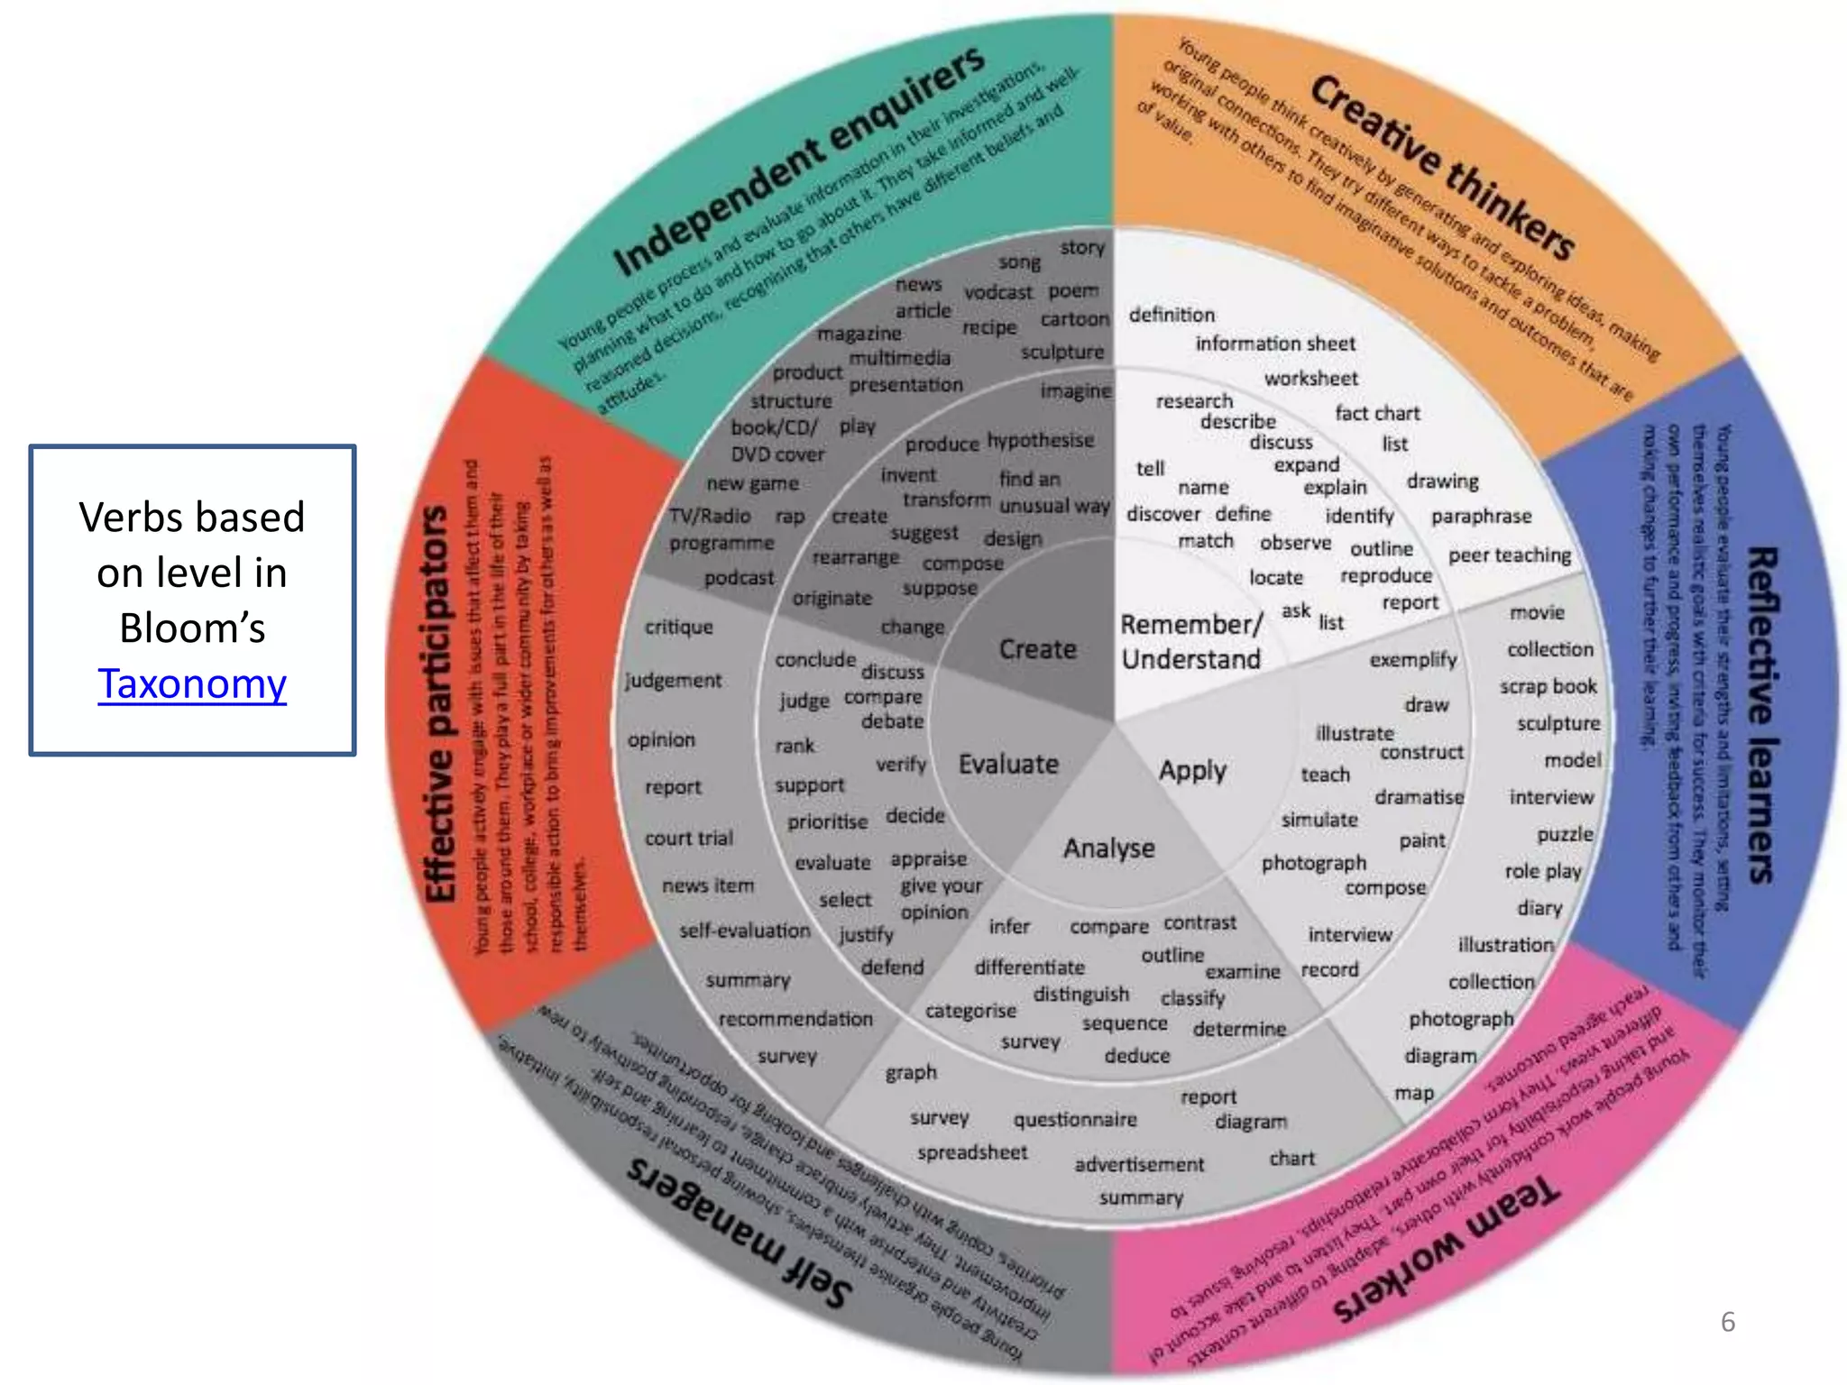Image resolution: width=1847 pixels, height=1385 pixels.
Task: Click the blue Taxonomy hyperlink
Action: tap(192, 683)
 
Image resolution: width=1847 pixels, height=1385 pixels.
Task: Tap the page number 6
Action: tap(1727, 1322)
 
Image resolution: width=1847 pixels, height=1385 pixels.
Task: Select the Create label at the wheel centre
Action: tap(1037, 649)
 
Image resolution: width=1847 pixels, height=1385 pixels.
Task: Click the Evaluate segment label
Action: tap(1008, 765)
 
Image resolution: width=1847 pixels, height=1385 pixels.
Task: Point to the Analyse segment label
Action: tap(1108, 848)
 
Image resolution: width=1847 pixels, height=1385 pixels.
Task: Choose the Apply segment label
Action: tap(1192, 771)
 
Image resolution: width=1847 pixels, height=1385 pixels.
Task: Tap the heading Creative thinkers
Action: tap(1443, 168)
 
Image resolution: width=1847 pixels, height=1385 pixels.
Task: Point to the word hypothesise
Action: tap(1040, 440)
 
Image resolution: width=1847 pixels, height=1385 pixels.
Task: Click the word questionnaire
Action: tap(1075, 1120)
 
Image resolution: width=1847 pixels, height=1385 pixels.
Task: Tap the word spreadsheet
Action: tap(972, 1152)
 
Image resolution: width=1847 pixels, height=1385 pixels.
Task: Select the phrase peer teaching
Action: tap(1510, 555)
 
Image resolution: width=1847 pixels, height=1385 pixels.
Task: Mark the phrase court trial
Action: tap(689, 839)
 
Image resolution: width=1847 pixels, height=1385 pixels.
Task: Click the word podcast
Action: tap(739, 578)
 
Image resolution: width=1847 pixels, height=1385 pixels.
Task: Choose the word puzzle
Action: tap(1565, 834)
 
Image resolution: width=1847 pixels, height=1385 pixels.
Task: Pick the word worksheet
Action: tap(1310, 379)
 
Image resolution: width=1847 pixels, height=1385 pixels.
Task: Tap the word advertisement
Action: tap(1139, 1165)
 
